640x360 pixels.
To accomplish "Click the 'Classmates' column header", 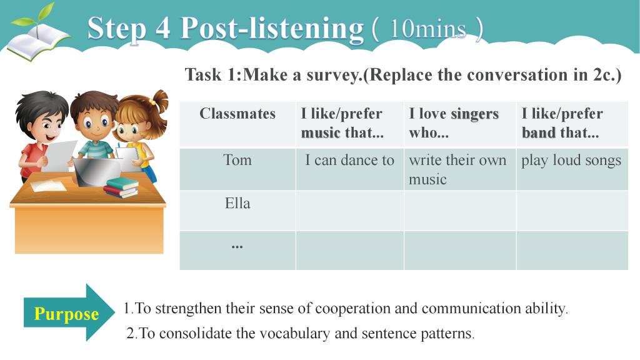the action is click(237, 124).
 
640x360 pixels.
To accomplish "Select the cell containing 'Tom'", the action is click(237, 169).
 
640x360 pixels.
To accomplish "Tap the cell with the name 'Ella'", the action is click(237, 211).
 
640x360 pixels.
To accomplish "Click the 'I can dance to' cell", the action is click(350, 169).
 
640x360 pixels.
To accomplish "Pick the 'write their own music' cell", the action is click(460, 169).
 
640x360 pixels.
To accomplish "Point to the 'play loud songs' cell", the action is click(572, 169).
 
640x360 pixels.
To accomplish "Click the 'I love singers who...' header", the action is click(460, 124).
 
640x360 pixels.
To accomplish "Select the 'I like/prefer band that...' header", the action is click(572, 124).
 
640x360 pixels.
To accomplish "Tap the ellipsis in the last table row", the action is click(237, 246).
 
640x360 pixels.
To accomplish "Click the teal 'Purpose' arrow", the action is click(69, 312).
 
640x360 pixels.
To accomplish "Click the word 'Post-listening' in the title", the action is click(272, 29).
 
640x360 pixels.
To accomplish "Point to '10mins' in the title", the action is click(427, 29).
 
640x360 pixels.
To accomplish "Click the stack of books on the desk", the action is click(121, 187).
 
